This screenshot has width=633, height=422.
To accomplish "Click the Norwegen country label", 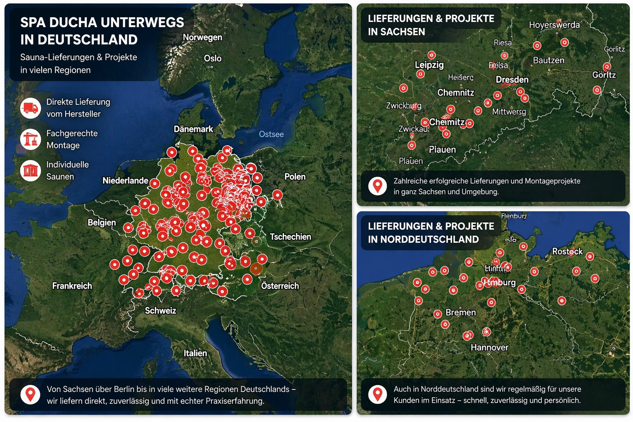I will coord(202,38).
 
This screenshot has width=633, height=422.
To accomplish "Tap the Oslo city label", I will coord(213,59).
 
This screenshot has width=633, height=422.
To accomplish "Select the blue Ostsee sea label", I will coord(271,134).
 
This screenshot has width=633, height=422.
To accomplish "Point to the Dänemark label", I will coord(193,129).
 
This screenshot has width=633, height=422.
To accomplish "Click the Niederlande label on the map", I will coord(125,181).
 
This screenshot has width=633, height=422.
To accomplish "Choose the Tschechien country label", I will coord(290,237).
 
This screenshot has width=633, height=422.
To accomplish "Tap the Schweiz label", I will coord(160,311).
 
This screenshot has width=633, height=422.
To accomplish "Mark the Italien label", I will coord(195,353).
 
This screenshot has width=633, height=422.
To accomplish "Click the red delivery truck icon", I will coord(30,108).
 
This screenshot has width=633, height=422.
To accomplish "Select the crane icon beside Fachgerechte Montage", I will coord(30,139).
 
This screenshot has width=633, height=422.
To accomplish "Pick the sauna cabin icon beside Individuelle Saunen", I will coord(30,170).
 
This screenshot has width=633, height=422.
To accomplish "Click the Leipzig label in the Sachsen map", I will coord(429,65).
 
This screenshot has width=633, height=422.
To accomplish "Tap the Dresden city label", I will coord(512,80).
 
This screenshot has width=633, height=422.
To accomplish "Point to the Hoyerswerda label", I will coord(554,25).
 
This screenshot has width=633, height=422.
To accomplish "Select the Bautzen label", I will coord(549,61).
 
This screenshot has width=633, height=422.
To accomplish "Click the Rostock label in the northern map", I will coord(567,251).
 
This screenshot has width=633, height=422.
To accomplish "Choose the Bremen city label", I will coord(460,312).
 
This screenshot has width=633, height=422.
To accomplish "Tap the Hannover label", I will coord(489,347).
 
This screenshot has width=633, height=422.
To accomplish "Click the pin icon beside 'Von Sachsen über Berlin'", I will coord(30,394).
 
